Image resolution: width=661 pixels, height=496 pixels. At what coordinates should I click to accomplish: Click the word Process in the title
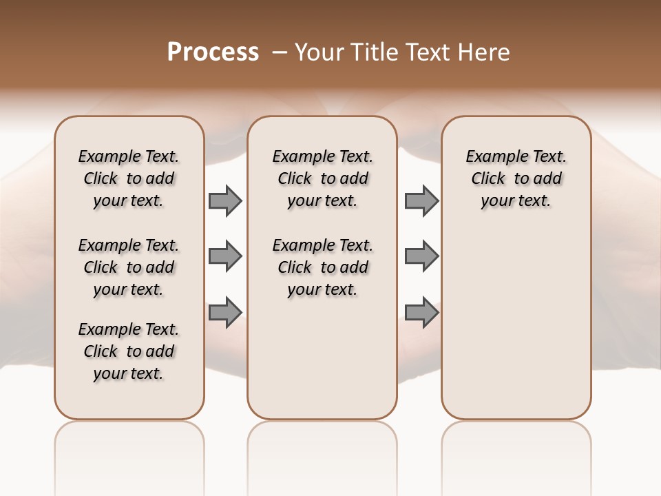click(213, 52)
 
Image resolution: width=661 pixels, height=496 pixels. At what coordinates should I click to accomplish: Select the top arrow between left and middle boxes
click(225, 200)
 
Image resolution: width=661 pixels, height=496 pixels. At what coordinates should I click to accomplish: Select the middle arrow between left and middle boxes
click(225, 256)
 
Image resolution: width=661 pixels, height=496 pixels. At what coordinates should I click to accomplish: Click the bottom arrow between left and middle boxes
click(225, 312)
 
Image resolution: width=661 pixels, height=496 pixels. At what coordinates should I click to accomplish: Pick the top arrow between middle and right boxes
click(421, 200)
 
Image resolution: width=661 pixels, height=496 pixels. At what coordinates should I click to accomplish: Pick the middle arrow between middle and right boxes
click(421, 256)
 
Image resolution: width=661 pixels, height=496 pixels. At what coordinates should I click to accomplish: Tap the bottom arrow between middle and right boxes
click(421, 312)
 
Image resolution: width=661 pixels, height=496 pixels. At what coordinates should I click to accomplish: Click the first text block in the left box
click(129, 178)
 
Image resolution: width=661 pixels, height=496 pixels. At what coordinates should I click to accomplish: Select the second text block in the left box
click(129, 267)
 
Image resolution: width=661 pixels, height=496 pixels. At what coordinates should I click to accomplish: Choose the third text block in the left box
click(129, 351)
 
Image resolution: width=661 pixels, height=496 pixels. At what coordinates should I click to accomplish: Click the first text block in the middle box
click(322, 178)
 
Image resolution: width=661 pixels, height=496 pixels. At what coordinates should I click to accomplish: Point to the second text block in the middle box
click(322, 267)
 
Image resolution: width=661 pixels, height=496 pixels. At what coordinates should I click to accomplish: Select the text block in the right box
click(516, 178)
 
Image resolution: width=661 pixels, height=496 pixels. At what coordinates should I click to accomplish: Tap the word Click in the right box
click(488, 179)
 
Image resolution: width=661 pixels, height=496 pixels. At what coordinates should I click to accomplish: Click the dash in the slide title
click(279, 52)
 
